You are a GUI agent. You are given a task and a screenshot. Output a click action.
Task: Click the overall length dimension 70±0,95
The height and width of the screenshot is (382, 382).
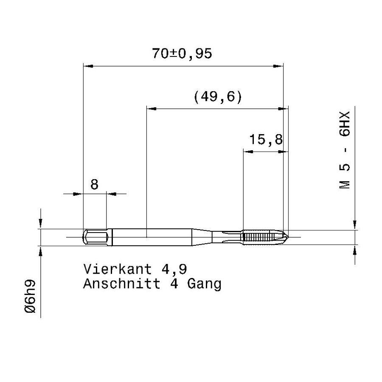pos(182,53)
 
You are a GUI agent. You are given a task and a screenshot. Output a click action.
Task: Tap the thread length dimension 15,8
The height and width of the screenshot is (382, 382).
pos(266,140)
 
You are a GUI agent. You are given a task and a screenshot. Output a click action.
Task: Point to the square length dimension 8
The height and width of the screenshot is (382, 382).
pos(94,185)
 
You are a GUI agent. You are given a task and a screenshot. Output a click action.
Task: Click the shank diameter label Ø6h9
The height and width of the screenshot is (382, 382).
pos(30,296)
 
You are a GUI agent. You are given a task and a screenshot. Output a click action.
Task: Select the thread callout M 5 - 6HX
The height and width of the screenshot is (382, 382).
pos(345,150)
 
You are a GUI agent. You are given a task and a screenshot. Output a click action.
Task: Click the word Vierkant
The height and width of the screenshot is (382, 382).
pos(118,269)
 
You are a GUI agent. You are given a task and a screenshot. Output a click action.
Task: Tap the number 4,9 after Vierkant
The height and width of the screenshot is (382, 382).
pos(174,270)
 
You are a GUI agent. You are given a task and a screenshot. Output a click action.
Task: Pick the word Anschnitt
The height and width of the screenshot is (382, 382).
pos(122,284)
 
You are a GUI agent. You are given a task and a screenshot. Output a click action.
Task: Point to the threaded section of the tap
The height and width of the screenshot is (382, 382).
pos(263,237)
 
